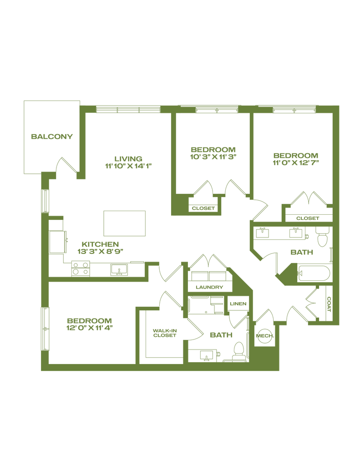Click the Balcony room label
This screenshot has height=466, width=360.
tap(51, 136)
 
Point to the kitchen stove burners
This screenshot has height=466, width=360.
tap(80, 268)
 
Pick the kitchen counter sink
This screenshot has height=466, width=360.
tap(119, 270)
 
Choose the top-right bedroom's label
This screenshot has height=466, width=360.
tap(295, 158)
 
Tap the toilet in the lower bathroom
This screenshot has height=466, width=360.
tap(238, 350)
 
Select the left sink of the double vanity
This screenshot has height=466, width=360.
tap(262, 233)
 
